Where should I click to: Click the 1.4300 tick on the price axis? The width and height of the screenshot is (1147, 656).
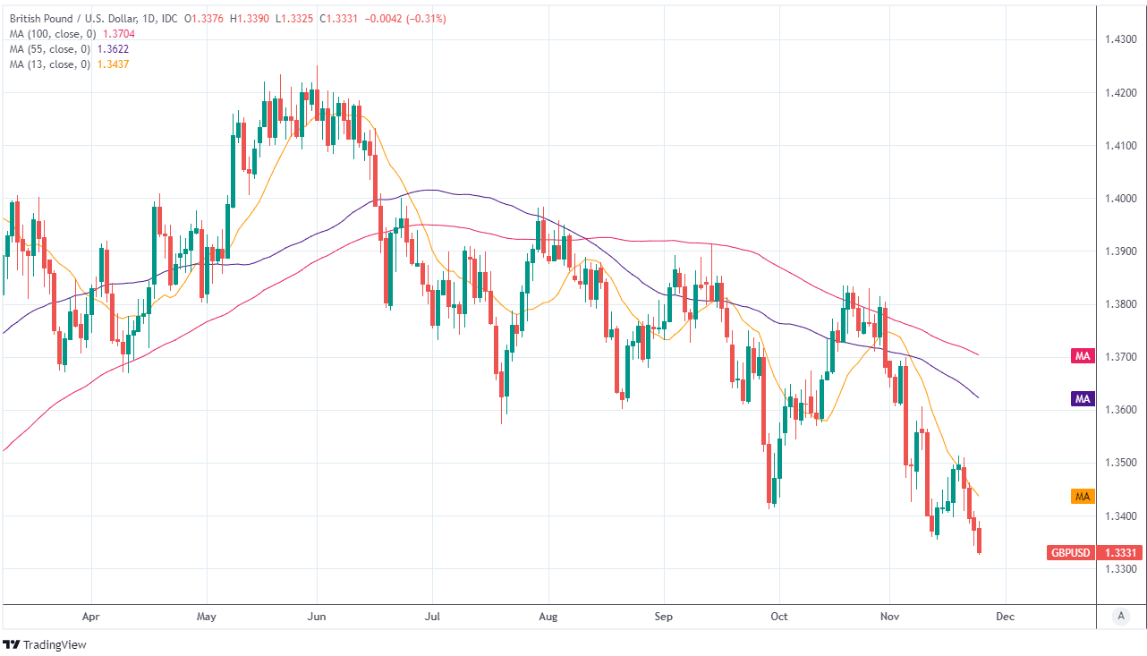[x=1120, y=39]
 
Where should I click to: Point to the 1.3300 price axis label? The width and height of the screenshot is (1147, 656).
[x=1120, y=569]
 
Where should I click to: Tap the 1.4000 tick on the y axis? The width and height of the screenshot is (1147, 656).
[x=1120, y=199]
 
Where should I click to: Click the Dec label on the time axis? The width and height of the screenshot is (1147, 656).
[x=1006, y=617]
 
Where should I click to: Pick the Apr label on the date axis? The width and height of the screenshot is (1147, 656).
[x=91, y=617]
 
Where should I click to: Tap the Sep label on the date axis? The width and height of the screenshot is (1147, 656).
[x=664, y=617]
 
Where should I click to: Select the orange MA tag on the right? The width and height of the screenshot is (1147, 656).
[x=1083, y=496]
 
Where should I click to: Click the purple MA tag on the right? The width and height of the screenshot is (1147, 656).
[x=1083, y=398]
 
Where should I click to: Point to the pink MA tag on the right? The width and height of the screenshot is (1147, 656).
[x=1083, y=356]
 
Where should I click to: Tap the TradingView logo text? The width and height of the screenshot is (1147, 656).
[x=54, y=644]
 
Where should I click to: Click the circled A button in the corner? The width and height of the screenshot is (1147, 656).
[x=1120, y=616]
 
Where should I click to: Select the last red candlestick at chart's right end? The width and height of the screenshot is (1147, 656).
[x=980, y=541]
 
